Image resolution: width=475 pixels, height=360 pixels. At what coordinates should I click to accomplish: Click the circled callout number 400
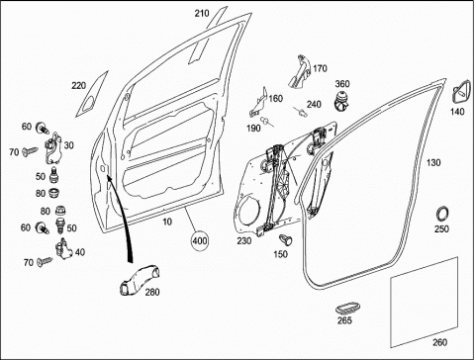(x=200, y=241)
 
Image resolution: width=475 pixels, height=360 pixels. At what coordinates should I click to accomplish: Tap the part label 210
(x=202, y=14)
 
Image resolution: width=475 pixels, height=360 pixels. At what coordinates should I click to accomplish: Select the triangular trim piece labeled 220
(x=92, y=94)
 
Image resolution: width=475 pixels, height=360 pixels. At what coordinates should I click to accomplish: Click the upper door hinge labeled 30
(x=53, y=148)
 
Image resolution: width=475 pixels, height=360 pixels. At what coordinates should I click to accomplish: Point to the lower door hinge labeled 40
(x=64, y=250)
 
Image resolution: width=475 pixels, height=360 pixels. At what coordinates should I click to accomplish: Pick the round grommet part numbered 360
(x=341, y=100)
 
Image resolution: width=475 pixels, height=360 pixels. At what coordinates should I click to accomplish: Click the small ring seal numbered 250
(x=442, y=214)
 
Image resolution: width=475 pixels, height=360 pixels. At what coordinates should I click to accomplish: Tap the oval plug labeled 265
(x=347, y=308)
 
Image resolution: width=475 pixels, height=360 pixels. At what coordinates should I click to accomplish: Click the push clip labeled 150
(x=286, y=239)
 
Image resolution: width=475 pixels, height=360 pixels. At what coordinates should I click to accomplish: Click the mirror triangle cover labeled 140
(x=461, y=92)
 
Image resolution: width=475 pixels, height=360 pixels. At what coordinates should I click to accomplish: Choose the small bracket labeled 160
(x=258, y=103)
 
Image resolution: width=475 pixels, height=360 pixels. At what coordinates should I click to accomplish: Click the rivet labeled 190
(x=266, y=122)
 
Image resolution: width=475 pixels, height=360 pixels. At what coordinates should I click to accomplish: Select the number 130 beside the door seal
(x=433, y=163)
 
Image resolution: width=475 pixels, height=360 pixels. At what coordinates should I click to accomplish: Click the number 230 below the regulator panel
(x=244, y=241)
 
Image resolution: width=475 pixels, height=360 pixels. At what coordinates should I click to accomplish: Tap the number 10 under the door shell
(x=167, y=222)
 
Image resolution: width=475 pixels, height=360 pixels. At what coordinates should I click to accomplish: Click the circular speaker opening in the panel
(x=249, y=211)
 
